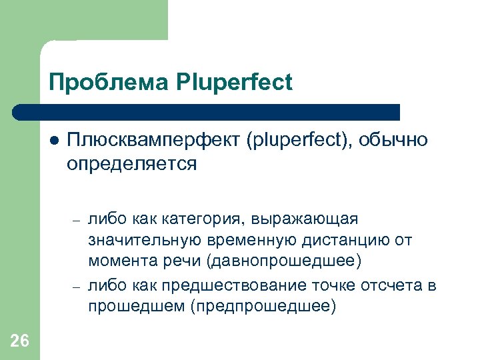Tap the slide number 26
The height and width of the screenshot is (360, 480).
[20, 341]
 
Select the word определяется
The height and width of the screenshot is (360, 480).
[131, 163]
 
